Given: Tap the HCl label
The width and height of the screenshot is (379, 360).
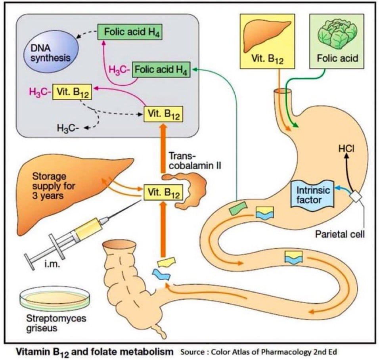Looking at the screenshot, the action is click(x=346, y=148).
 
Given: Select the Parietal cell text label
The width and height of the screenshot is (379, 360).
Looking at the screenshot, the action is click(x=340, y=234).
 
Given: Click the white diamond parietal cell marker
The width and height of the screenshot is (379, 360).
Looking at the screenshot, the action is click(x=356, y=197).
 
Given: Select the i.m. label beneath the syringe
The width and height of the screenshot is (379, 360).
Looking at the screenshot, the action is click(x=52, y=264).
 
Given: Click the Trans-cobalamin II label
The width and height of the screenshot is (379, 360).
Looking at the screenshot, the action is click(x=195, y=160).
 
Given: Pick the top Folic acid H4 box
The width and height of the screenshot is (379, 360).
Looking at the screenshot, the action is click(x=130, y=32).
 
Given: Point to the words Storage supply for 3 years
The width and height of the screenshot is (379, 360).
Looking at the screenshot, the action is click(x=54, y=186).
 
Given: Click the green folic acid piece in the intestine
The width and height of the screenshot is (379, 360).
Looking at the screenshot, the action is click(x=238, y=209).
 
